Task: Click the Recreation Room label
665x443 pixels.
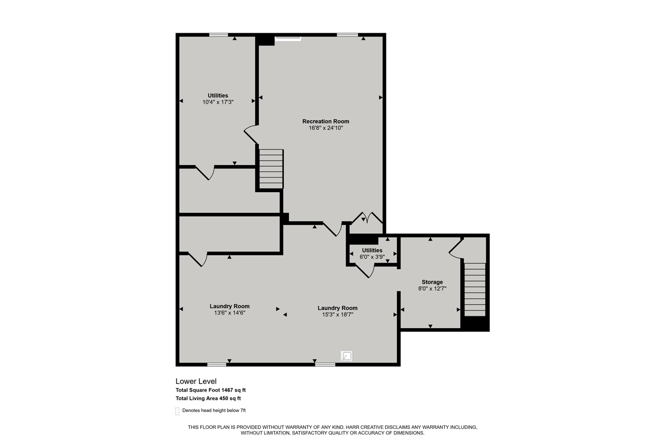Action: click(326, 122)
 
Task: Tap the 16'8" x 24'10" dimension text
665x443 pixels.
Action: click(326, 128)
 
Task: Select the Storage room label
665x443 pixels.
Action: click(432, 282)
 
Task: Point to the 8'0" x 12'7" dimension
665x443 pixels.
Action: click(432, 289)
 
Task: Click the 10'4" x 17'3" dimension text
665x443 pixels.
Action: click(218, 102)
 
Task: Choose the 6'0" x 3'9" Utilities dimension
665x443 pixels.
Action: click(372, 257)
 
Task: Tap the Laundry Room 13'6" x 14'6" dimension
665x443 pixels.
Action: click(230, 313)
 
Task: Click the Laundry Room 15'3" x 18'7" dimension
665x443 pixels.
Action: click(337, 314)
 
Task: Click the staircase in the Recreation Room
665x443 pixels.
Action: click(271, 169)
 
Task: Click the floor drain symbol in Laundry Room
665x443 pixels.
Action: click(347, 356)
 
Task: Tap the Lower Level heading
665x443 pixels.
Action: click(196, 381)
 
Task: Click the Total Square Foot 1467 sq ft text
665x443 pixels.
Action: click(214, 390)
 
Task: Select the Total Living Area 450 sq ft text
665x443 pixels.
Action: click(208, 398)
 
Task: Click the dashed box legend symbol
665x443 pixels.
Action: click(177, 411)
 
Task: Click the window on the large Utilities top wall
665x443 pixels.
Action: click(219, 35)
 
